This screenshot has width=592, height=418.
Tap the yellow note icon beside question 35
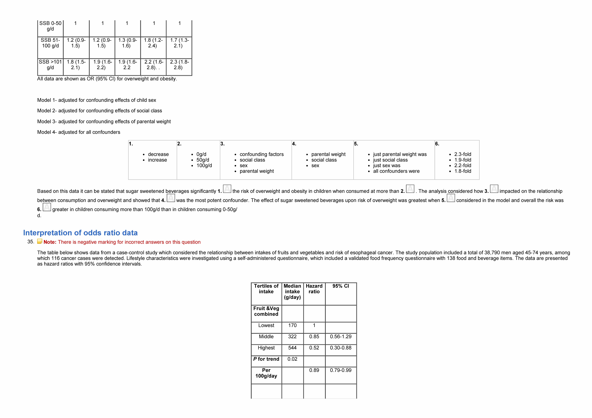pyautogui.click(x=40, y=242)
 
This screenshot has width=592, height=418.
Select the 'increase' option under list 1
pyautogui.click(x=157, y=160)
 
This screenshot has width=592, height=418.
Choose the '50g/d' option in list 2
pyautogui.click(x=203, y=160)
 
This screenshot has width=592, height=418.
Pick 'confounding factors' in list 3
pyautogui.click(x=261, y=154)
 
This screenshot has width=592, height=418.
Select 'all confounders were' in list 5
pyautogui.click(x=396, y=171)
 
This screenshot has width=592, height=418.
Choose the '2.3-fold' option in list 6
pyautogui.click(x=463, y=154)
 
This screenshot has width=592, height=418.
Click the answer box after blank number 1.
pyautogui.click(x=227, y=189)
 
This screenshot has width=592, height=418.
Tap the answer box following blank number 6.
pyautogui.click(x=47, y=207)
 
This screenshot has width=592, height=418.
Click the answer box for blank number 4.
pyautogui.click(x=171, y=198)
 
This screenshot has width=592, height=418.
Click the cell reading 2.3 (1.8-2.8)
pyautogui.click(x=179, y=65)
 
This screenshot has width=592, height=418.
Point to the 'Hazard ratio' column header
pyautogui.click(x=314, y=289)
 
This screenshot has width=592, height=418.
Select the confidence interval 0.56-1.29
pyautogui.click(x=341, y=337)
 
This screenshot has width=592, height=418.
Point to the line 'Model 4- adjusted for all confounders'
pyautogui.click(x=79, y=132)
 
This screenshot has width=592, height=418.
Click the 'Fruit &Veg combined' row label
pyautogui.click(x=266, y=311)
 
